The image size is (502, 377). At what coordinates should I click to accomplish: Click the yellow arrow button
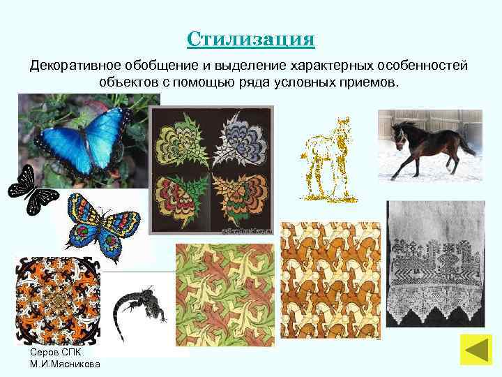(x=476, y=349)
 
